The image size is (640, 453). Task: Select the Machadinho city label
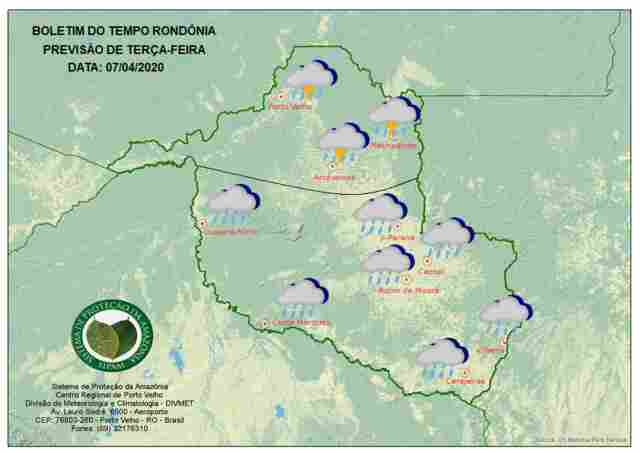coord(392,146)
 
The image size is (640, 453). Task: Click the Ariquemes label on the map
coord(334,178)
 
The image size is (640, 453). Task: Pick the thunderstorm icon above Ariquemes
coord(343,142)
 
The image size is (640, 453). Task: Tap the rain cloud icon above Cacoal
coord(446,237)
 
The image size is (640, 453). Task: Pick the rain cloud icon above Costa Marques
coord(301,296)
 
